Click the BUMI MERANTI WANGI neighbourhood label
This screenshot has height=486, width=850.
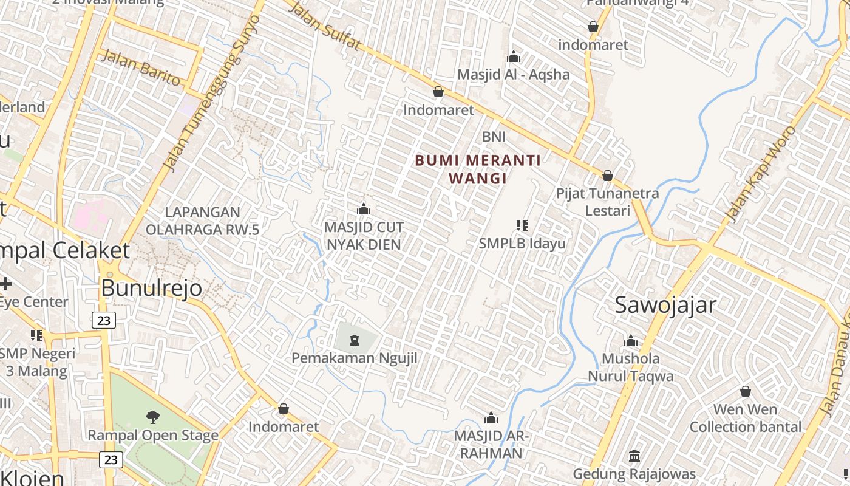click(477, 169)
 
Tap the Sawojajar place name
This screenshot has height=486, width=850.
click(665, 305)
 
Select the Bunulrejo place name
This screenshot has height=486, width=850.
click(151, 288)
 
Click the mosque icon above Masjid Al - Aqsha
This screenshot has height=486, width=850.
click(514, 57)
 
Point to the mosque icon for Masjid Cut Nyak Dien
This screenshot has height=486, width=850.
click(364, 210)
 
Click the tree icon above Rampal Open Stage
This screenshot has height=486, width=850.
click(153, 417)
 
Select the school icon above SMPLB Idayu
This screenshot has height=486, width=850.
click(522, 226)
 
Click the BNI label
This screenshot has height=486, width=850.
click(494, 137)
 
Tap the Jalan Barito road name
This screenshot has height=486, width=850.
click(141, 67)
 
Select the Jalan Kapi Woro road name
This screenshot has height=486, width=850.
click(760, 173)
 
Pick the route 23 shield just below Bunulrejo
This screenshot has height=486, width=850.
click(104, 320)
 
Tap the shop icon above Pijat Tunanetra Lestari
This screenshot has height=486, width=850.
click(607, 176)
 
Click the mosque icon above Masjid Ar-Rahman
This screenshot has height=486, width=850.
click(491, 418)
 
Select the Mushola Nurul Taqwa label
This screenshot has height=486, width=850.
click(630, 367)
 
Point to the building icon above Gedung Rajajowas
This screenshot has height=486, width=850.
click(634, 456)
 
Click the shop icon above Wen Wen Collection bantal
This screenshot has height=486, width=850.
click(745, 391)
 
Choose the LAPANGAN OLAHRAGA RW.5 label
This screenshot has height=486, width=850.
click(202, 221)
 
